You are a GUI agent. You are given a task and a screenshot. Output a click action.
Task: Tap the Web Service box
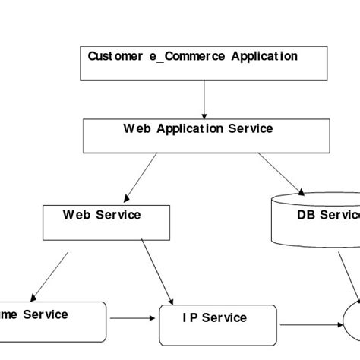tap(103, 221)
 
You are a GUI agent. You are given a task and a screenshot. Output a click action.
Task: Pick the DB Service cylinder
tap(315, 220)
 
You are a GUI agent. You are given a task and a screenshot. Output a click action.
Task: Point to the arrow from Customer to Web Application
tap(204, 96)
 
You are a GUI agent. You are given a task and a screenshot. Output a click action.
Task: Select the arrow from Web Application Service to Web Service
tap(141, 175)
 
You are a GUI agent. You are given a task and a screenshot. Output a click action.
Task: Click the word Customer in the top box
tap(112, 56)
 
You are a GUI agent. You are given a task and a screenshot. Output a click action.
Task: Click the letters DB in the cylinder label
tap(305, 215)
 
